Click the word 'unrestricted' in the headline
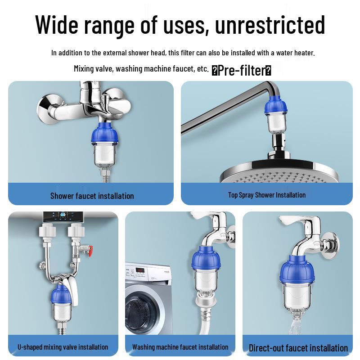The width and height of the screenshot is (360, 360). (x=270, y=25)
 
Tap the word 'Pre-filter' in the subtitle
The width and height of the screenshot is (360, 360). (x=241, y=70)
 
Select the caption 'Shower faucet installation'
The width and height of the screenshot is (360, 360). (x=92, y=196)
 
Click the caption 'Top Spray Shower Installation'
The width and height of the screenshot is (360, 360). (x=267, y=195)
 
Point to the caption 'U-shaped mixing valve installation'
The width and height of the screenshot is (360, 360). (x=63, y=347)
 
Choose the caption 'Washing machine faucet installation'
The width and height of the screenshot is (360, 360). (x=180, y=347)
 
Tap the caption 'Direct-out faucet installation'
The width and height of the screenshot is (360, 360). (x=298, y=348)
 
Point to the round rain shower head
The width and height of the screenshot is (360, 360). (x=279, y=171)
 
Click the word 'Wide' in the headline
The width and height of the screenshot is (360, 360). (x=57, y=25)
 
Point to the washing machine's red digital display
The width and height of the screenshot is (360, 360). (x=140, y=270)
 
